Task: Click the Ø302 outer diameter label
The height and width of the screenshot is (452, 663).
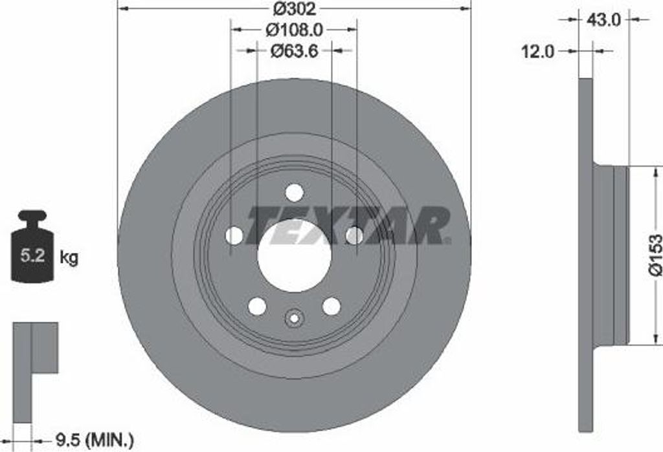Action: (x=293, y=9)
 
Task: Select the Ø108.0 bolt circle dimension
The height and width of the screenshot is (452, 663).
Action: (x=294, y=29)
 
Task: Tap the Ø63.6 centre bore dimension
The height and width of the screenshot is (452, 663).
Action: (x=294, y=50)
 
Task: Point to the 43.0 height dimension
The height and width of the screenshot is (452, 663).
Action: (x=603, y=20)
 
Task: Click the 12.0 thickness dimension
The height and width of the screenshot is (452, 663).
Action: (x=538, y=51)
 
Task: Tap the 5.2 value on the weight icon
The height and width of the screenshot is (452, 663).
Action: (x=32, y=255)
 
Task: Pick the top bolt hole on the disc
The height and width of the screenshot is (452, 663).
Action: (x=294, y=193)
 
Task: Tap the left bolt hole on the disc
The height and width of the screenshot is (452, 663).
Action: (x=234, y=236)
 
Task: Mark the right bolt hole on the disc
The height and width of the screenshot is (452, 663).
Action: (x=354, y=236)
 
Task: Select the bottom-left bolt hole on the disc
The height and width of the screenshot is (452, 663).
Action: (x=257, y=307)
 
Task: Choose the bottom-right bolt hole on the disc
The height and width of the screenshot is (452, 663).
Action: (x=331, y=307)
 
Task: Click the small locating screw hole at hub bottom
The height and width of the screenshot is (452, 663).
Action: (x=294, y=317)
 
